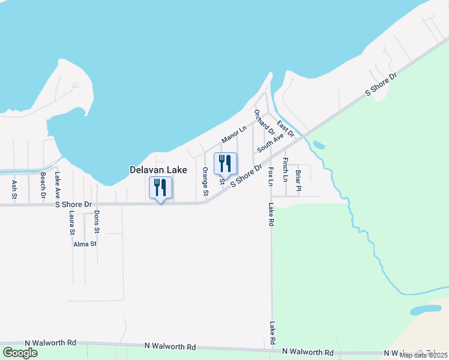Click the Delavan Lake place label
158,170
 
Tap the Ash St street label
14,187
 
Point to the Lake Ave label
58,185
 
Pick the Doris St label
97,223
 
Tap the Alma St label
85,244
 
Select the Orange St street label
205,182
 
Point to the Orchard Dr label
264,122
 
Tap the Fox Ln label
271,176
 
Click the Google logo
20,352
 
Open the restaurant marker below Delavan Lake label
160,188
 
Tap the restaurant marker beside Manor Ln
225,164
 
